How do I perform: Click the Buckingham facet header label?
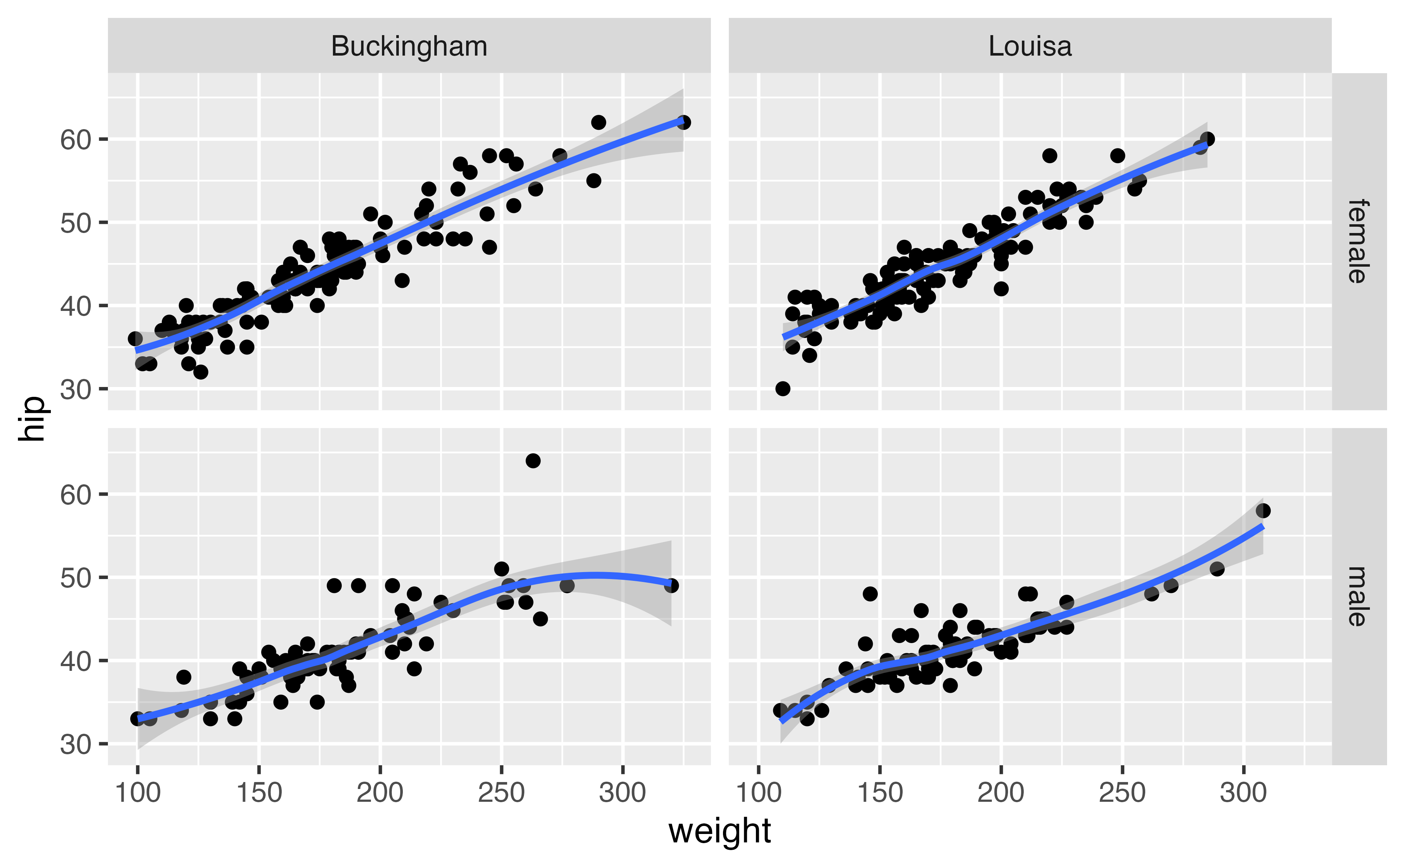[409, 46]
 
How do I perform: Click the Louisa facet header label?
[1030, 46]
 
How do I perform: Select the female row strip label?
[1358, 241]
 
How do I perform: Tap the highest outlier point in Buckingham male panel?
[533, 461]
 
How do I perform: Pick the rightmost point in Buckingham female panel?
[683, 122]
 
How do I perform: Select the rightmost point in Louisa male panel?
[1263, 510]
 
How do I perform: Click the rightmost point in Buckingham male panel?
[671, 586]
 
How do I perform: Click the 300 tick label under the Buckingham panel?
[622, 793]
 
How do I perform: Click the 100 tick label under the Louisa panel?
[758, 793]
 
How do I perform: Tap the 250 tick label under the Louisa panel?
[1122, 793]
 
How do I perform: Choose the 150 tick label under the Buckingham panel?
[259, 793]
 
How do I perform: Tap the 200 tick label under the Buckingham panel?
[380, 793]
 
